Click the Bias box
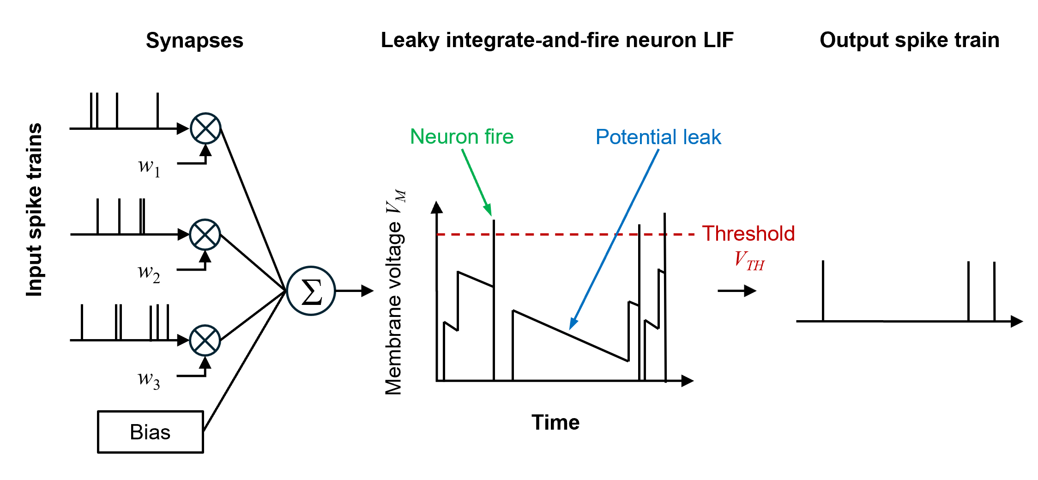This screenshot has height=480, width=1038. tap(150, 432)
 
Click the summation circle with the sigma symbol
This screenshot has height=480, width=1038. tap(311, 291)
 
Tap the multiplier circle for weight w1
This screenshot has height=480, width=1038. tap(205, 128)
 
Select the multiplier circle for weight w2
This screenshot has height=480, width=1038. tap(205, 234)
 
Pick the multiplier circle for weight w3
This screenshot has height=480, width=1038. tap(205, 340)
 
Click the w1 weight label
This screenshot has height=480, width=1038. tap(149, 167)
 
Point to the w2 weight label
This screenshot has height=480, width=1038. tap(149, 273)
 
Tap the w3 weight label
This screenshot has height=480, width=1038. tap(149, 379)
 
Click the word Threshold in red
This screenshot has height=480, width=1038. tap(748, 233)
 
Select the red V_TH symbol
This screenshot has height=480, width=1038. tap(749, 261)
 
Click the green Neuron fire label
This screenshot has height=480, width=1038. tap(462, 137)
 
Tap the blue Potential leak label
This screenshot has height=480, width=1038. tap(658, 137)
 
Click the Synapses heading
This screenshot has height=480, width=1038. tap(194, 41)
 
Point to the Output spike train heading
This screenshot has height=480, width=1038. tap(909, 40)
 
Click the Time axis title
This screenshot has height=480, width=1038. tap(555, 422)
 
